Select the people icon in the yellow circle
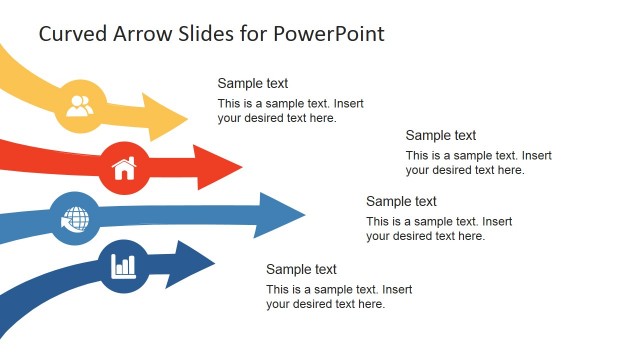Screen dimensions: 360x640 pos(80,103)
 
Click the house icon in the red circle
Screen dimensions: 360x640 pos(124,167)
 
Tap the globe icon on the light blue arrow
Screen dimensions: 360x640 pos(74,218)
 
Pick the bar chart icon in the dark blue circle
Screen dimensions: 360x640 pos(124,265)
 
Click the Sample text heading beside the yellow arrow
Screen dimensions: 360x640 pos(253,84)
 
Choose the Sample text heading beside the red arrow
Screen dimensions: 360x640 pos(441,135)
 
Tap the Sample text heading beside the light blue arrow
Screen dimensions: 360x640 pos(401,201)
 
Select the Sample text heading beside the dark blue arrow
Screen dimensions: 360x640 pos(301,269)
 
